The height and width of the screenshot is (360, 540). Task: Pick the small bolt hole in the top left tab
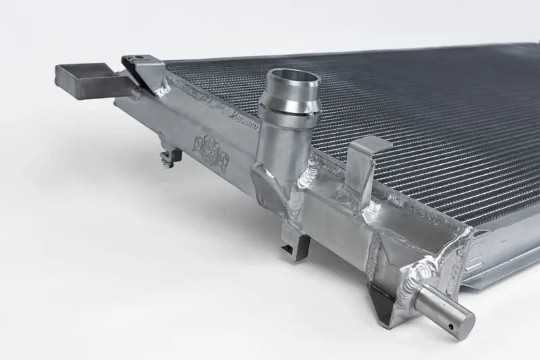click(x=139, y=58)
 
